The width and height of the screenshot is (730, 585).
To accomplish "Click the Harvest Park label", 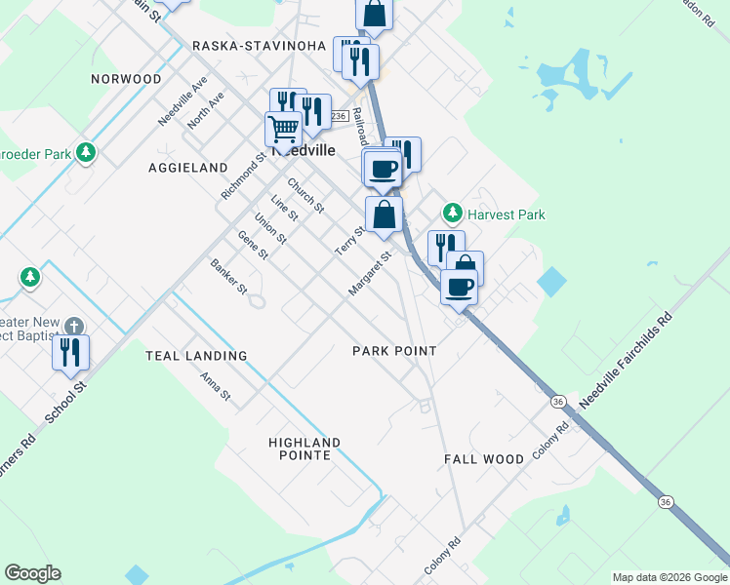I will tap(506, 214).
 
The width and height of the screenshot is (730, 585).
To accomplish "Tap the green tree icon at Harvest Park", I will tap(452, 213).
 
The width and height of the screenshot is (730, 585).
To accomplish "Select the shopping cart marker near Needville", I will tap(283, 129).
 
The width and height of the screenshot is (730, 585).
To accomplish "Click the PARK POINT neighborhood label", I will tap(394, 351).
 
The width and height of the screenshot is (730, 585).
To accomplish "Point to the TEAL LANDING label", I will tap(196, 356).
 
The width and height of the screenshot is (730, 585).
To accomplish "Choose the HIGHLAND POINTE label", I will tap(305, 448).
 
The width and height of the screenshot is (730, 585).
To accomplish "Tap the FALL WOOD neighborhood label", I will tap(485, 458).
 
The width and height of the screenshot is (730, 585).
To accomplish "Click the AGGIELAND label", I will tap(187, 168).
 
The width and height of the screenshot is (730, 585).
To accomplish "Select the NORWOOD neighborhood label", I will tap(126, 78).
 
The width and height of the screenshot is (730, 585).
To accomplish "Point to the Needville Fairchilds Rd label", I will tap(627, 361).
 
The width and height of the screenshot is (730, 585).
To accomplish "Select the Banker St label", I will tap(230, 277).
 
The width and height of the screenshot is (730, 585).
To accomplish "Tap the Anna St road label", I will tap(215, 387).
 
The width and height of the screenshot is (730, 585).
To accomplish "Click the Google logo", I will tap(32, 573).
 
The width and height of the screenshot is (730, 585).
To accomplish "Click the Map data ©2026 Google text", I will tap(669, 577).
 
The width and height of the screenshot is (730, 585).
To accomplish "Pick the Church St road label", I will tap(305, 195).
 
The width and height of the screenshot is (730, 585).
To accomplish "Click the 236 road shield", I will tap(339, 116).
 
